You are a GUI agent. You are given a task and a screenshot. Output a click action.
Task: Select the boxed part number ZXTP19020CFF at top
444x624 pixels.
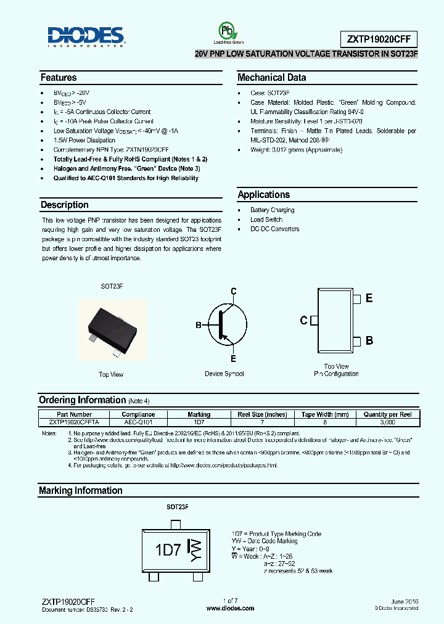click(379, 39)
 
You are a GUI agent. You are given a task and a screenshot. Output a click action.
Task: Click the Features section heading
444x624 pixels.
click(59, 78)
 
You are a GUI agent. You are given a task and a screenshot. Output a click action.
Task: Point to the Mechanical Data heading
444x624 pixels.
click(271, 78)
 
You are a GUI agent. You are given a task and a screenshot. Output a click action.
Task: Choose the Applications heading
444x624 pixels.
click(264, 194)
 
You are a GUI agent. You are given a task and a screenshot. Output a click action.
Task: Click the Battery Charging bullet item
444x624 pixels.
click(272, 210)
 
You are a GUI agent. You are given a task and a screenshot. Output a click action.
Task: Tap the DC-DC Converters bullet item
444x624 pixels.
click(274, 229)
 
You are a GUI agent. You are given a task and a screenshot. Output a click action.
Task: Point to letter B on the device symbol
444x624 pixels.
click(199, 325)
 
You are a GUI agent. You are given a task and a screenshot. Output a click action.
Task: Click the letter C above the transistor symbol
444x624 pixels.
click(234, 291)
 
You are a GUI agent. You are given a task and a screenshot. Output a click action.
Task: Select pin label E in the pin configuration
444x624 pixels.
click(369, 298)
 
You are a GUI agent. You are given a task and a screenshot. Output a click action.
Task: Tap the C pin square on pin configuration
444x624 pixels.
click(313, 320)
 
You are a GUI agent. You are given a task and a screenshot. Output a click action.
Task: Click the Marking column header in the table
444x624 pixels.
click(199, 414)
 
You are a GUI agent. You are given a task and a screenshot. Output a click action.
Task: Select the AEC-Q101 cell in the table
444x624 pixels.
click(138, 422)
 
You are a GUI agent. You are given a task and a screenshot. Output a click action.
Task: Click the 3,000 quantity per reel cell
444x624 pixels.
click(388, 422)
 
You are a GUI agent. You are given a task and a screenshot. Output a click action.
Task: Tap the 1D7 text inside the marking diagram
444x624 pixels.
click(167, 549)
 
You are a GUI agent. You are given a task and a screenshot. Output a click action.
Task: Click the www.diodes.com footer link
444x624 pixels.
click(230, 608)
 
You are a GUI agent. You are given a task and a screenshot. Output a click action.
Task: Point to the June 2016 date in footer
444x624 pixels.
click(404, 601)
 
